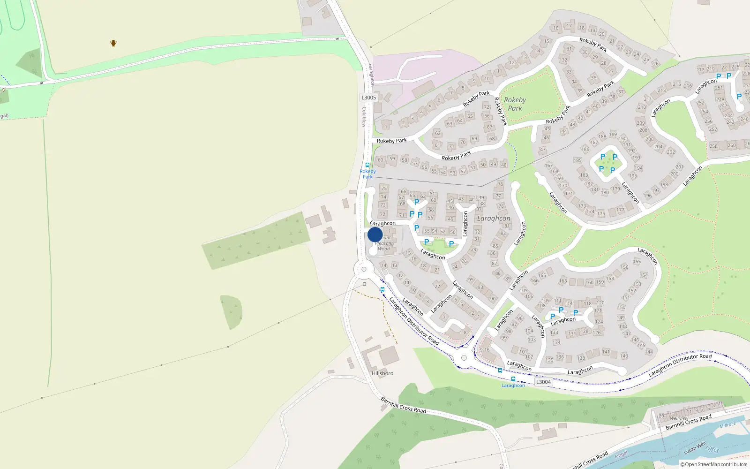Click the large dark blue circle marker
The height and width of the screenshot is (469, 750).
coord(375,234)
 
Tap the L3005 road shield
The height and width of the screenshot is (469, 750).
coord(368,98)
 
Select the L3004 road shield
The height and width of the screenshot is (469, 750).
coord(543,382)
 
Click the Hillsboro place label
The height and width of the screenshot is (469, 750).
coord(382,373)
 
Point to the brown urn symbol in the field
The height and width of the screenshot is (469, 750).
coord(113,43)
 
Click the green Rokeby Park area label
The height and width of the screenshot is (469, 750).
coord(515,104)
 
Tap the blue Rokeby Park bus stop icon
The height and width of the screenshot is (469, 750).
coord(367,165)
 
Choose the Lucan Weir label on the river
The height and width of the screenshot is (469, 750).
coord(695,448)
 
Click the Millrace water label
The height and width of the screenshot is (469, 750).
coord(727,425)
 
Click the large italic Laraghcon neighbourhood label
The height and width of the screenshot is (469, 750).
coord(494,219)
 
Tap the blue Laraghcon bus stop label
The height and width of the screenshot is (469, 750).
coord(513,386)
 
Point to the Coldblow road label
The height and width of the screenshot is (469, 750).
coord(364,117)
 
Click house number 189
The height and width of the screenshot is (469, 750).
coord(613,135)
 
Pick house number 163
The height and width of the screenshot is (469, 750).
coord(563,281)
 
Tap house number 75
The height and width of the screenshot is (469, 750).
coord(384,189)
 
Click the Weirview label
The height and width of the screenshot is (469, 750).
coord(679,418)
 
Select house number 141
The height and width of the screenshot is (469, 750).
coord(606,352)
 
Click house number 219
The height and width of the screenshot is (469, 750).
coord(711,69)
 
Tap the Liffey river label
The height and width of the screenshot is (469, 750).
coord(712,450)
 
